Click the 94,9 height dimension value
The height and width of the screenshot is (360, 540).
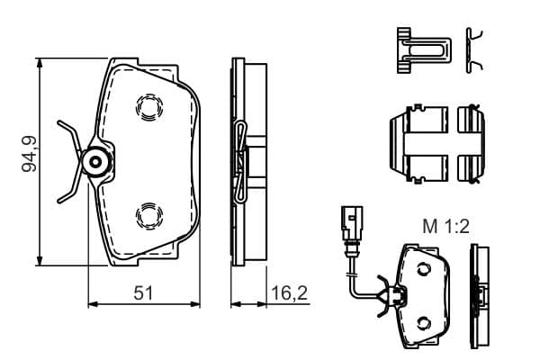(x=29, y=154)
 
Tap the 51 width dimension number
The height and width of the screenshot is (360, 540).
(x=143, y=293)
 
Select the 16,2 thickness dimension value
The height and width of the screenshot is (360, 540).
(x=289, y=293)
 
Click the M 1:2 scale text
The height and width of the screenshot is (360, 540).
(x=446, y=227)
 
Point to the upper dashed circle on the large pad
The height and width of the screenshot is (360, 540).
(x=149, y=107)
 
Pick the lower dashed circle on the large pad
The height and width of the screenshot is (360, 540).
(x=149, y=215)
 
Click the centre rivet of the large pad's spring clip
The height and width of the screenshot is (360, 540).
(x=95, y=162)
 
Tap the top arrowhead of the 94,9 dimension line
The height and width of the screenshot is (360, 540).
(x=40, y=63)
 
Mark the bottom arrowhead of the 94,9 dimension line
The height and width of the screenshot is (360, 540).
(x=40, y=261)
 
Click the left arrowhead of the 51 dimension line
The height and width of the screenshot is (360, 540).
(x=94, y=304)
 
